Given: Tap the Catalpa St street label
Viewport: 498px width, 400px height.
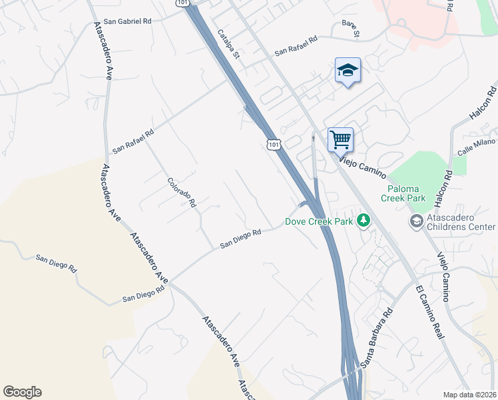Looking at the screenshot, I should pyautogui.click(x=228, y=44).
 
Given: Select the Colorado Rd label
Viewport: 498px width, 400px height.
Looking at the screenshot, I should pyautogui.click(x=181, y=192).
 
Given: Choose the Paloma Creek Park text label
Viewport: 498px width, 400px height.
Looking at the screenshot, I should pyautogui.click(x=403, y=193).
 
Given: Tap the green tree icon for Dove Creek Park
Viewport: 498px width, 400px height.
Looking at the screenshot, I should pyautogui.click(x=363, y=220).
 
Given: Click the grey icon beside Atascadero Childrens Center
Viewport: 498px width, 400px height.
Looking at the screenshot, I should pyautogui.click(x=416, y=221).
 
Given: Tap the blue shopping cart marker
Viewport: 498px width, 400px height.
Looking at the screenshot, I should pyautogui.click(x=340, y=140).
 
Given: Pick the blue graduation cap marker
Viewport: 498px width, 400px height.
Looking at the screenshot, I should pyautogui.click(x=347, y=70).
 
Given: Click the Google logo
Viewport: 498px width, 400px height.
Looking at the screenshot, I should pyautogui.click(x=22, y=392).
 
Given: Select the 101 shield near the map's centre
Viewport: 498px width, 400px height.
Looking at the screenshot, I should pyautogui.click(x=273, y=144).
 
